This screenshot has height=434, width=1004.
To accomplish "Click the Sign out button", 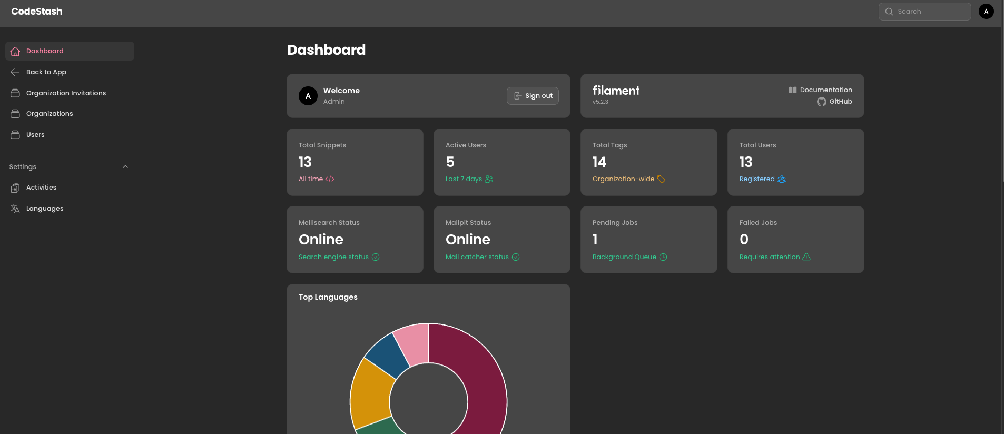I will tap(533, 96).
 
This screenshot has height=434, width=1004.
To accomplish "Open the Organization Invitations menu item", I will tap(66, 93).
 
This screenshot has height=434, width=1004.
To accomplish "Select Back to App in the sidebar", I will tap(46, 72).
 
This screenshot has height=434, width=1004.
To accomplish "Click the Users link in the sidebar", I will tap(35, 135).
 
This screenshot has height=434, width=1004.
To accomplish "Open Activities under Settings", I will tap(41, 188).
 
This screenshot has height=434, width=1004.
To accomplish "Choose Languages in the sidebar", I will tap(45, 209).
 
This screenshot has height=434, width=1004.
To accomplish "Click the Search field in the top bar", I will tap(924, 12).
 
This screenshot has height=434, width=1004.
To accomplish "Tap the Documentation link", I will tap(825, 90).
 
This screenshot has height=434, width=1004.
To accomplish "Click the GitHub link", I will tap(840, 102).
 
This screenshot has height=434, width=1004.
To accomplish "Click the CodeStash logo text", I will tap(37, 12).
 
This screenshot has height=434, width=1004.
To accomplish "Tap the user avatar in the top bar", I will tap(986, 12).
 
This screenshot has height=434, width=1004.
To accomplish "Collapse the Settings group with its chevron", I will tap(125, 167).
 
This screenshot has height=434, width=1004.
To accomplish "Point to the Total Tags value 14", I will tap(599, 162).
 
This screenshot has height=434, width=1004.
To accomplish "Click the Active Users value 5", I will tap(450, 162).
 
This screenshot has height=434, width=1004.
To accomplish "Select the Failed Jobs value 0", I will tap(744, 240).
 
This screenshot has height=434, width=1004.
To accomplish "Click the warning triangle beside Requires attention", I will tap(806, 257).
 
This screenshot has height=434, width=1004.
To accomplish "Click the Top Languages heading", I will tap(328, 297).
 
